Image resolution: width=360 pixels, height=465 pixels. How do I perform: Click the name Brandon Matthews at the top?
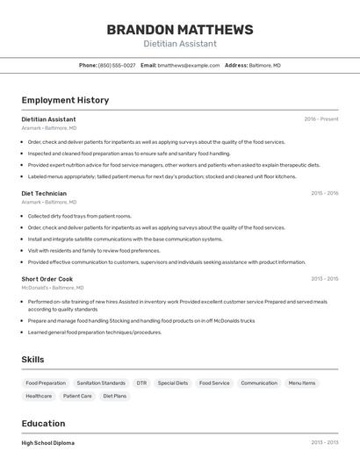[x=180, y=29]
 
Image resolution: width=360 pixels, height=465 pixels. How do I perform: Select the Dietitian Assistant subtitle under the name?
[x=180, y=44]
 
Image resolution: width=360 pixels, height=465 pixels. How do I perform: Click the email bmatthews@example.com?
[x=189, y=66]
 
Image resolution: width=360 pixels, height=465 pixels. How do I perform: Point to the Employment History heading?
[x=65, y=100]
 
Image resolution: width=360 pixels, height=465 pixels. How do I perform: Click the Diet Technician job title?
[x=44, y=193]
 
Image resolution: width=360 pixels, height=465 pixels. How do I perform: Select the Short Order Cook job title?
[x=47, y=279]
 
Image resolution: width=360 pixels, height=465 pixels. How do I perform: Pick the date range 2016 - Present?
[x=320, y=119]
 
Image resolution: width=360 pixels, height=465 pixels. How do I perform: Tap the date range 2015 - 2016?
[x=324, y=193]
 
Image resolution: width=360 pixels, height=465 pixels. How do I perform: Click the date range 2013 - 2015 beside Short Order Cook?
[x=324, y=279]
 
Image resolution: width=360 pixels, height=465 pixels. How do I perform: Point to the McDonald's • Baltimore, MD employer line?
[x=53, y=288]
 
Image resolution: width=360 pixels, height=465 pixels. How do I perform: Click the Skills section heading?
[x=32, y=360]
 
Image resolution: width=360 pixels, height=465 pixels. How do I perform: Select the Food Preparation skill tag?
[x=46, y=383]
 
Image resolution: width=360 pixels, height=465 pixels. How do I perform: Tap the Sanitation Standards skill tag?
[x=101, y=383]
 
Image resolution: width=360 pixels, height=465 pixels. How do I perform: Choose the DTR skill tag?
[x=141, y=383]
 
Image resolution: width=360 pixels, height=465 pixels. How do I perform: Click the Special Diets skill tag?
[x=173, y=383]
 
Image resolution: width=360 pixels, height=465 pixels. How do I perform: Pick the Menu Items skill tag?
[x=302, y=383]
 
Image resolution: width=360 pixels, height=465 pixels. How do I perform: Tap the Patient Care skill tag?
[x=77, y=397]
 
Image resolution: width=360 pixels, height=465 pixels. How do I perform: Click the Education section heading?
[x=43, y=423]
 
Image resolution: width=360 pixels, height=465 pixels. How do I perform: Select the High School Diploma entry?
[x=48, y=443]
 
